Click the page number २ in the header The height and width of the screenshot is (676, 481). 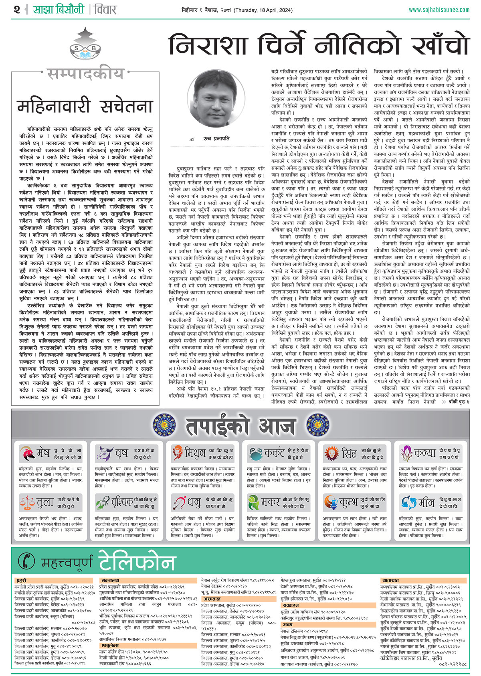pyautogui.click(x=16, y=9)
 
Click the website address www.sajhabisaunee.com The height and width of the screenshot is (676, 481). pyautogui.click(x=439, y=10)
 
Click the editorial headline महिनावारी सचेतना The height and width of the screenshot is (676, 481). pyautogui.click(x=85, y=107)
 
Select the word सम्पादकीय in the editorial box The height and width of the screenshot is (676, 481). pyautogui.click(x=85, y=74)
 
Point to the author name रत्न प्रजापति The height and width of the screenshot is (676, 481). pyautogui.click(x=216, y=138)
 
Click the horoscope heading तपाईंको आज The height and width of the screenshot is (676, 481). pyautogui.click(x=240, y=425)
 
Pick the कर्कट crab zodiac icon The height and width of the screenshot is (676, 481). pyautogui.click(x=255, y=454)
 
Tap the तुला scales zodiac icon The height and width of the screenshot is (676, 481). pyautogui.click(x=27, y=502)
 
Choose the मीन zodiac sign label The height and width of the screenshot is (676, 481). pyautogui.click(x=426, y=502)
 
